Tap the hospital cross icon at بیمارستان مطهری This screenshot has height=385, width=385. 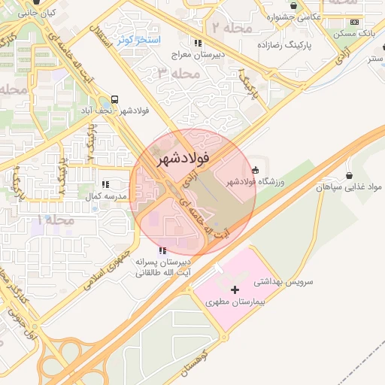pos(235,290)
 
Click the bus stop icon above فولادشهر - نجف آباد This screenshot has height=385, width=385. pos(114,99)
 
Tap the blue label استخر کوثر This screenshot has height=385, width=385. pos(135,38)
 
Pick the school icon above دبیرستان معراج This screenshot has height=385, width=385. pos(197,44)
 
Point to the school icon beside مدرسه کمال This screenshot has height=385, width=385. pos(105,183)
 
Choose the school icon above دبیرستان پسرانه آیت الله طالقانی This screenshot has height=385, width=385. pos(162,250)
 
